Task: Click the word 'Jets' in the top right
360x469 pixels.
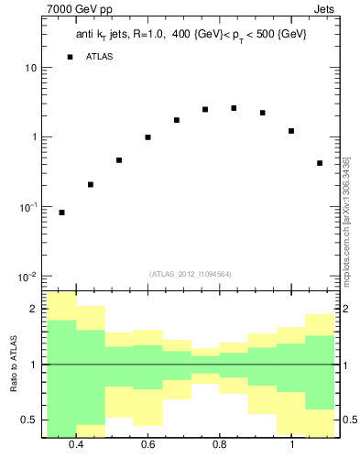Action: click(x=326, y=9)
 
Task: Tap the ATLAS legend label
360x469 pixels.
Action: click(x=101, y=57)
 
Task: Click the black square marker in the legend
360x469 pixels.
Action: click(x=70, y=57)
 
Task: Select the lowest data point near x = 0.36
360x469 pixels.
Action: click(x=61, y=213)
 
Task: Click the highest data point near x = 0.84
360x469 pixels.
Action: click(x=234, y=108)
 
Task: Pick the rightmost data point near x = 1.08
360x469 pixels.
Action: click(x=320, y=163)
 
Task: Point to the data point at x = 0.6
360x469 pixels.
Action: click(x=147, y=137)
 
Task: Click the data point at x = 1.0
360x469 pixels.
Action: click(x=291, y=131)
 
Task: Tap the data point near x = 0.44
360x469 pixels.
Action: click(x=91, y=184)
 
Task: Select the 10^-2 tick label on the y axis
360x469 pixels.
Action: click(x=27, y=277)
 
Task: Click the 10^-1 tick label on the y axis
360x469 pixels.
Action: click(x=27, y=208)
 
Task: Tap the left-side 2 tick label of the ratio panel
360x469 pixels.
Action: click(x=33, y=310)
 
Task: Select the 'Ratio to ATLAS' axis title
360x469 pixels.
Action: click(x=15, y=365)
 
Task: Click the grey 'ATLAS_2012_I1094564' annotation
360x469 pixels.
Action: click(x=190, y=274)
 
